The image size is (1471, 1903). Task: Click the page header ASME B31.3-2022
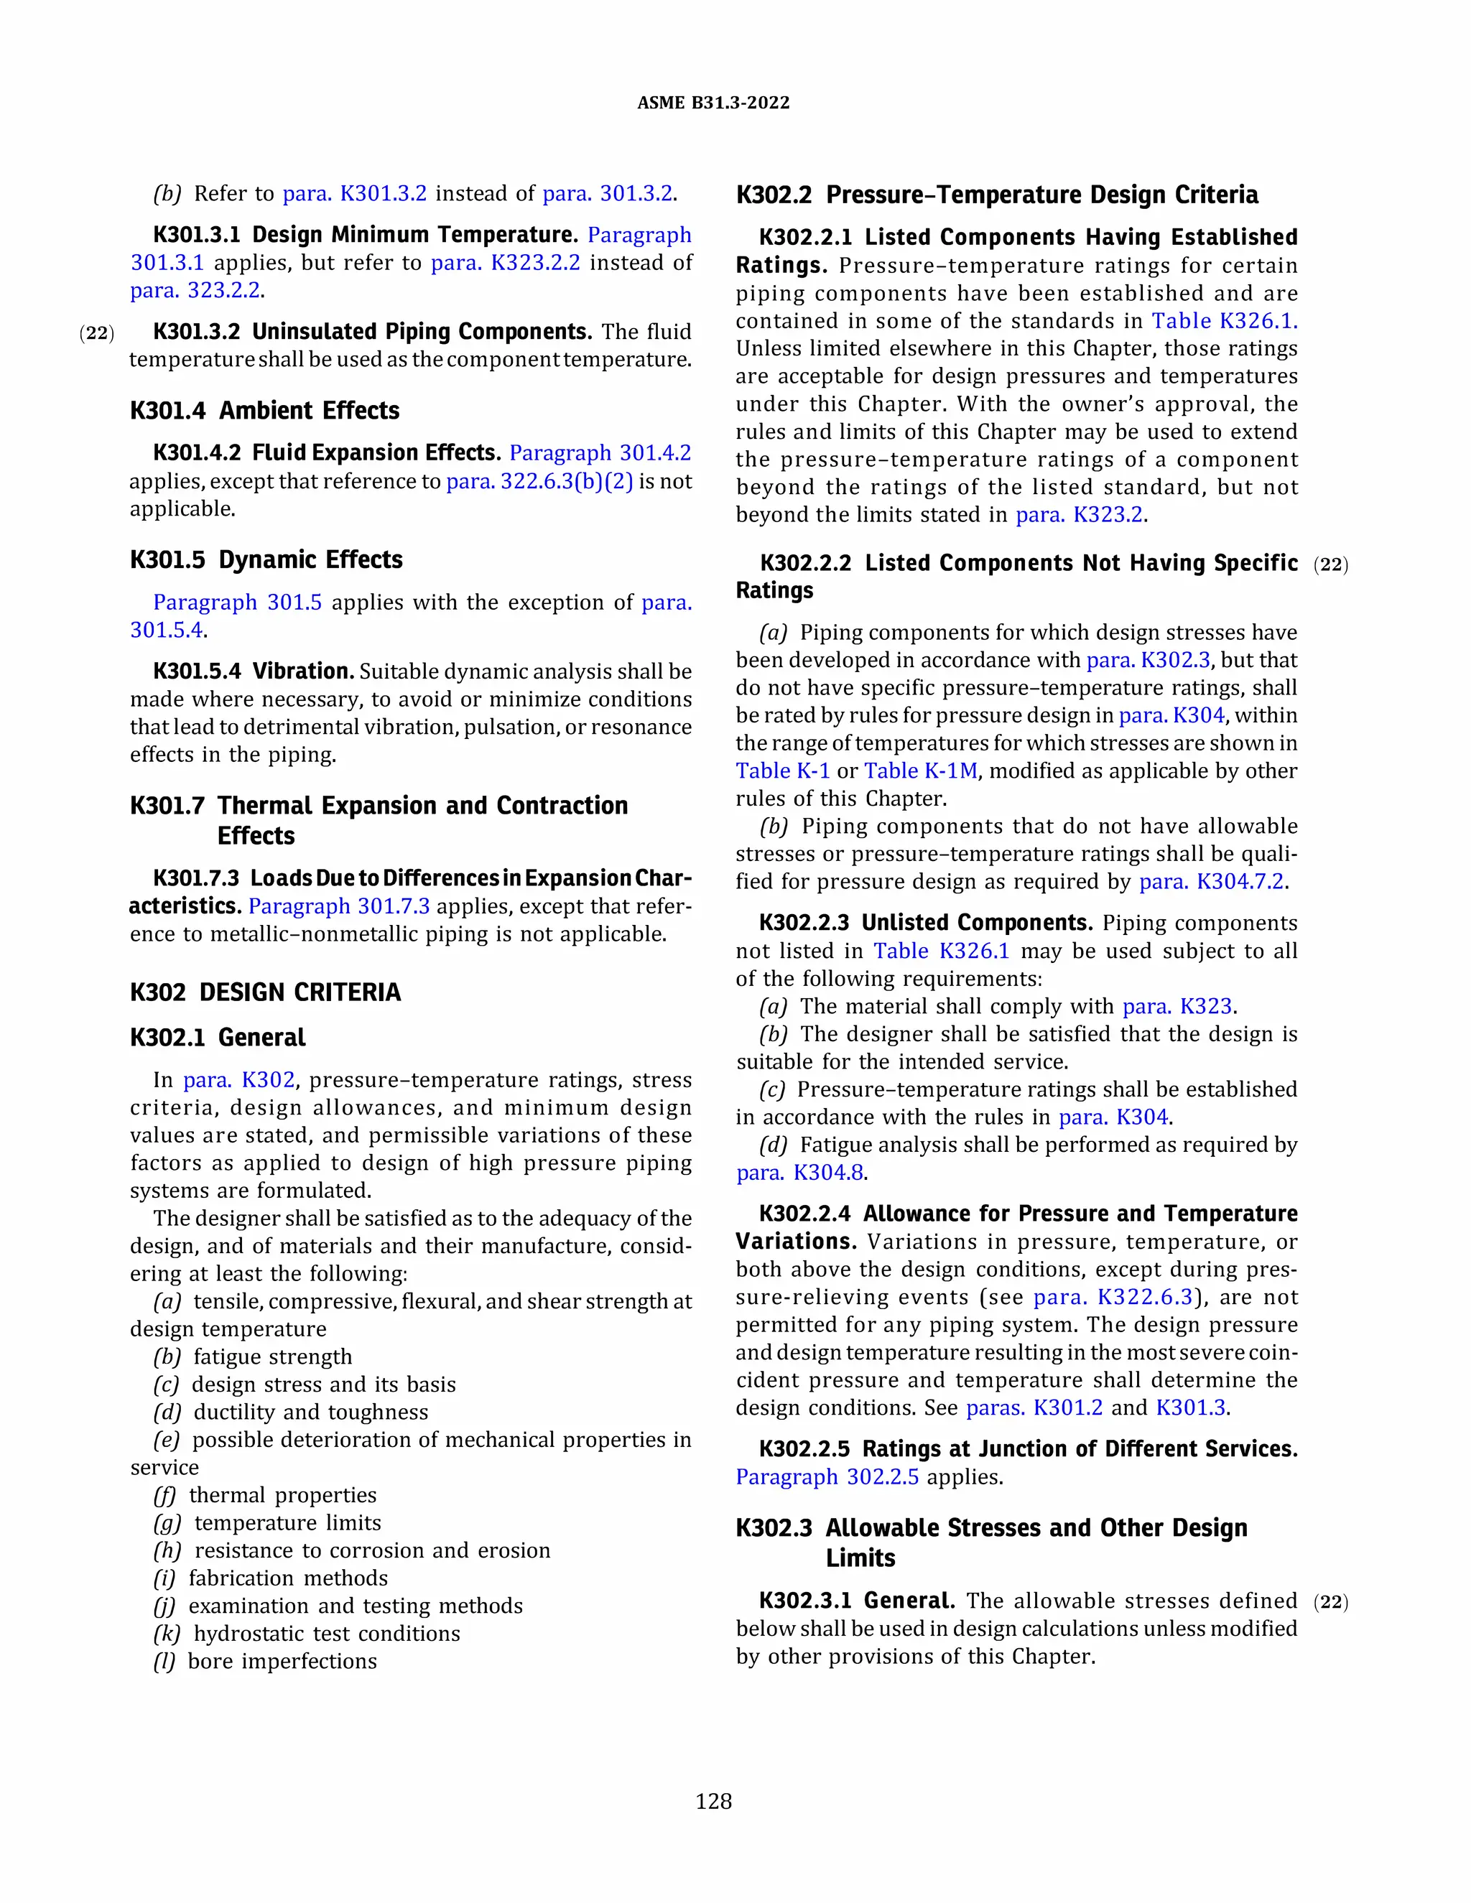pyautogui.click(x=713, y=103)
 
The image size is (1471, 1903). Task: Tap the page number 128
pyautogui.click(x=713, y=1801)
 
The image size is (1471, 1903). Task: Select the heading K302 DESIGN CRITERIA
pyautogui.click(x=265, y=992)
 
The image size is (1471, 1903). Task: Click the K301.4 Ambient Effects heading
pyautogui.click(x=264, y=410)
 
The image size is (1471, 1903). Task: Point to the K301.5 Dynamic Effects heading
pyautogui.click(x=266, y=559)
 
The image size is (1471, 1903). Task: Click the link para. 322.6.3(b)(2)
pyautogui.click(x=539, y=481)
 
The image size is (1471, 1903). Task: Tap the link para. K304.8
pyautogui.click(x=800, y=1172)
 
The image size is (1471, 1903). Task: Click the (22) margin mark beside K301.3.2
pyautogui.click(x=97, y=333)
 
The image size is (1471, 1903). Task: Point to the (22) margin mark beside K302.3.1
pyautogui.click(x=1330, y=1601)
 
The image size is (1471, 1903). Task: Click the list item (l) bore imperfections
pyautogui.click(x=266, y=1661)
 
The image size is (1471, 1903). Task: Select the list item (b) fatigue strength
pyautogui.click(x=254, y=1357)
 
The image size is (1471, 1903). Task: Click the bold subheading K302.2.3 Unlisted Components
pyautogui.click(x=925, y=923)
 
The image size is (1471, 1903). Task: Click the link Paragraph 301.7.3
pyautogui.click(x=339, y=906)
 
